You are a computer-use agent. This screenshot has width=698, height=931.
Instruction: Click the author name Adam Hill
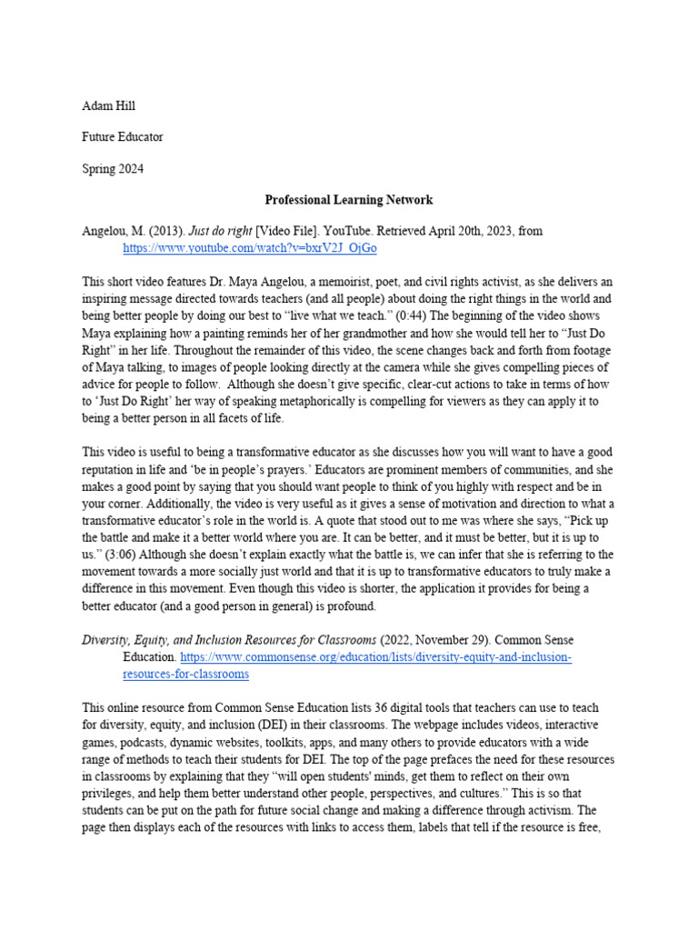click(x=108, y=106)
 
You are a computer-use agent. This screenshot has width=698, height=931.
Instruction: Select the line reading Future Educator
click(x=123, y=137)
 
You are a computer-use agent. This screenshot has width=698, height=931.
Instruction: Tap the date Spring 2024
click(x=113, y=168)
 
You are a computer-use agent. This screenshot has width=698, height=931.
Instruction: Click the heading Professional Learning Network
click(x=348, y=199)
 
